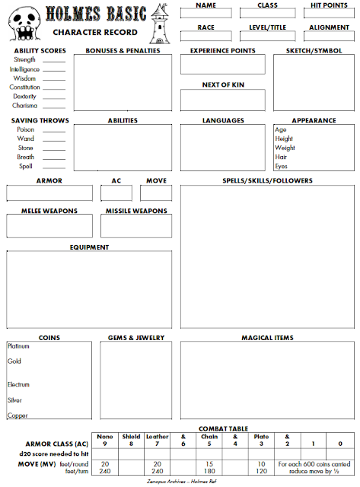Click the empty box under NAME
pos(205,13)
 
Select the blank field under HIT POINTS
pos(329,13)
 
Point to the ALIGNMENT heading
pos(329,27)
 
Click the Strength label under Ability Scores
pos(24,59)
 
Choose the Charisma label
pos(25,105)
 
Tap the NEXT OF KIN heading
pos(222,84)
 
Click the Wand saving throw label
pos(25,138)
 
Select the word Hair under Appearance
pos(280,157)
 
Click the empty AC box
pos(116,193)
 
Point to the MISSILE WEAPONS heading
pos(136,211)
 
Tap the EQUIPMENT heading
pos(89,247)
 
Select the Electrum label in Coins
pos(19,384)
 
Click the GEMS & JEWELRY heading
pos(133,338)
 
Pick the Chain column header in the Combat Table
pos(209,437)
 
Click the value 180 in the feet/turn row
pos(209,471)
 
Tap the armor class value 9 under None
pos(105,444)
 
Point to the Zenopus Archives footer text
pos(180,482)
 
